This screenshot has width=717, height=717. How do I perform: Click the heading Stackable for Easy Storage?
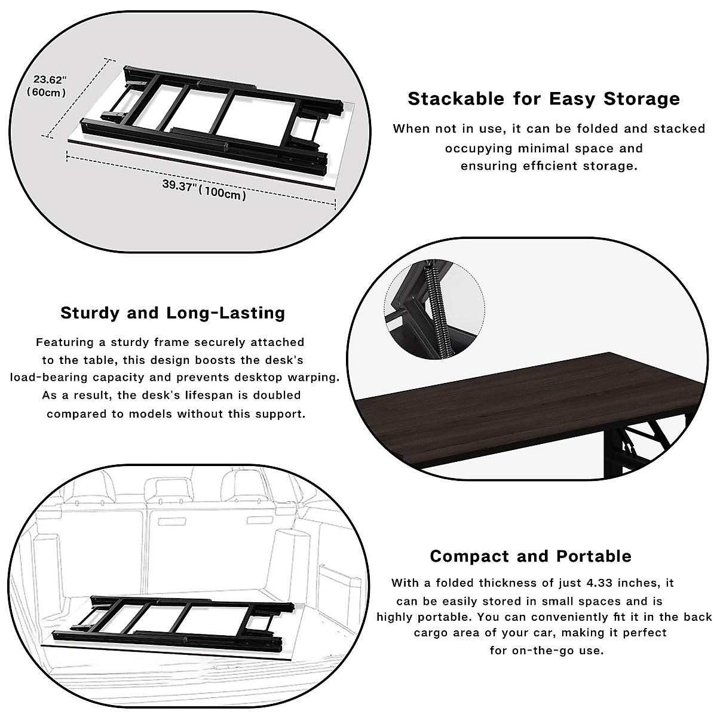[544, 99]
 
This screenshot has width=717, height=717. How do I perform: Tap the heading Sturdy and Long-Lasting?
[173, 313]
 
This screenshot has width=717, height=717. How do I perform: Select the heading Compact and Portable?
[531, 556]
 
